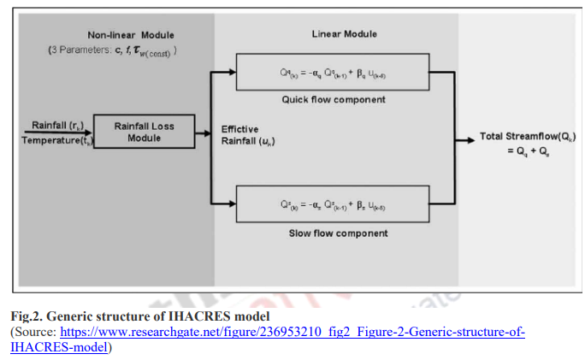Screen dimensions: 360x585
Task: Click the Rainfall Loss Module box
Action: [x=145, y=132]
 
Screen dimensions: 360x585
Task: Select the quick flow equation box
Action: [x=334, y=74]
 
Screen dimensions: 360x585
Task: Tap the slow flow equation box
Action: [x=334, y=206]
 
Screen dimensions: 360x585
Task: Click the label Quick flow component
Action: [x=334, y=100]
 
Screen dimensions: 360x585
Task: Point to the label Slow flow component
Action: [x=334, y=233]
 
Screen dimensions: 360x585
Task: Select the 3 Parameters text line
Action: [x=112, y=50]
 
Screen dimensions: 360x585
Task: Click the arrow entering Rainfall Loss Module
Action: [x=88, y=133]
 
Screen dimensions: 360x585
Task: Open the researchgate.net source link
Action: [x=291, y=331]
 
